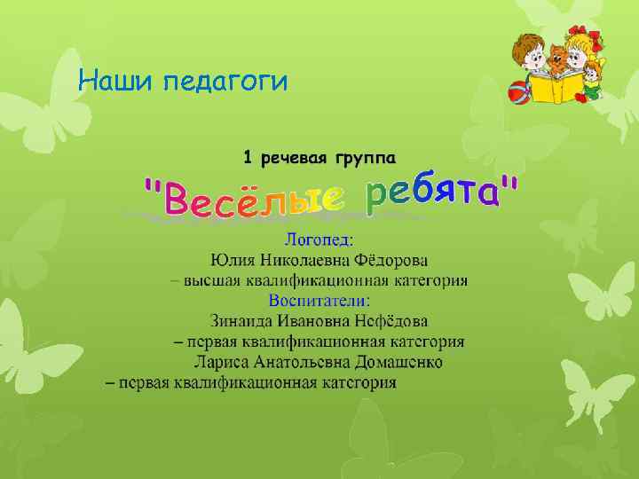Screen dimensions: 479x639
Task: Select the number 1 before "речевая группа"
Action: (248, 158)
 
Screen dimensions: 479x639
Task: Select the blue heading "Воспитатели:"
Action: (319, 300)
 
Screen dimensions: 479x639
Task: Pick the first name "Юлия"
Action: (229, 260)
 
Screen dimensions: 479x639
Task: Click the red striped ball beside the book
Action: (517, 90)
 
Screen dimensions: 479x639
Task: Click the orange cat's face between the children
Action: (558, 58)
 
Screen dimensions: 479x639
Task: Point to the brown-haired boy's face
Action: (530, 54)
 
